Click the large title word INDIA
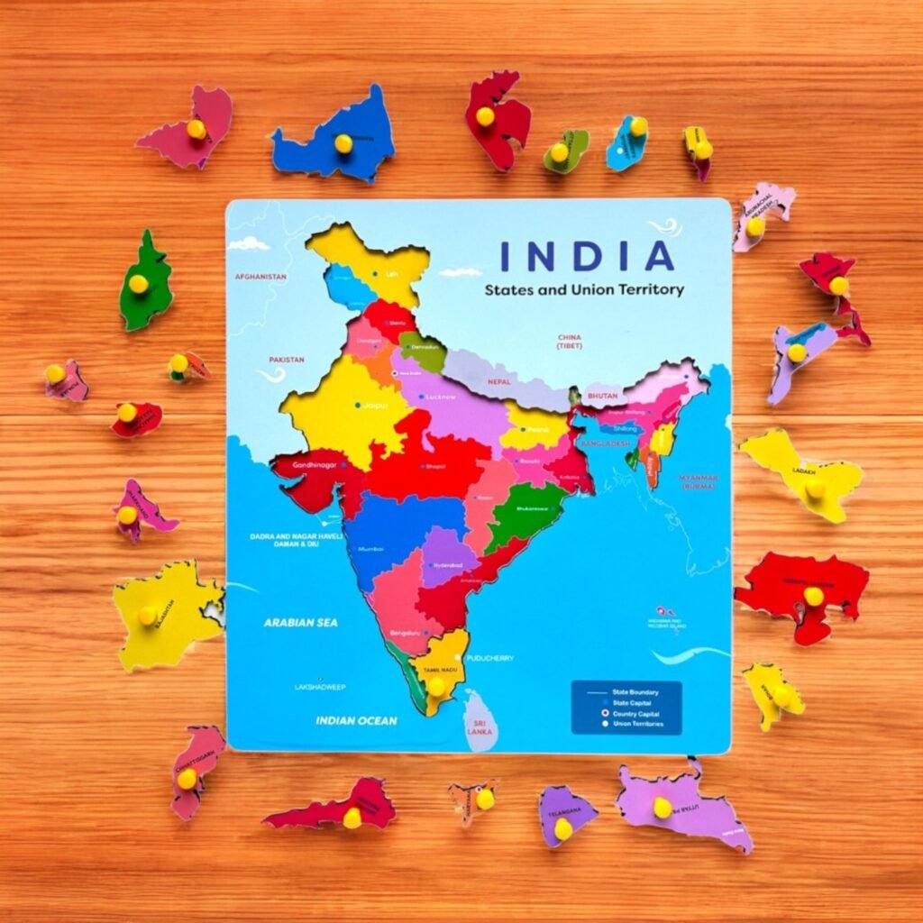(x=587, y=256)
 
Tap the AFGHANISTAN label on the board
(x=260, y=277)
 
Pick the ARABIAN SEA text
(x=294, y=622)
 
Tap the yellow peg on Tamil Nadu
(x=436, y=685)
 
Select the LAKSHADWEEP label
(x=320, y=687)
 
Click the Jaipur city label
(x=376, y=407)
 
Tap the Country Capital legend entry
(x=638, y=713)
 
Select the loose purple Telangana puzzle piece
(x=565, y=814)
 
